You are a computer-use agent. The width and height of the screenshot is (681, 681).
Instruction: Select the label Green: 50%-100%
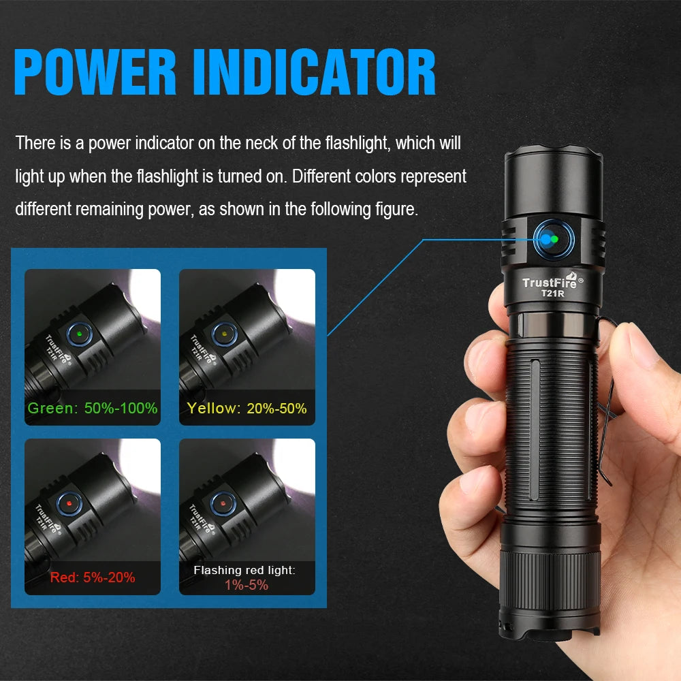point(93,409)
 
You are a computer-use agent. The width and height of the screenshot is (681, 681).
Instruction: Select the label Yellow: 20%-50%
point(247,409)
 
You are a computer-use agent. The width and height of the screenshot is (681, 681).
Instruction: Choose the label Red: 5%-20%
point(93,577)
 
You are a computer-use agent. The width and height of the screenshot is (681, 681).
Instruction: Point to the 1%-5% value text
point(247,585)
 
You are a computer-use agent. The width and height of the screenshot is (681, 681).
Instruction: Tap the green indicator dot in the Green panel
point(80,334)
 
